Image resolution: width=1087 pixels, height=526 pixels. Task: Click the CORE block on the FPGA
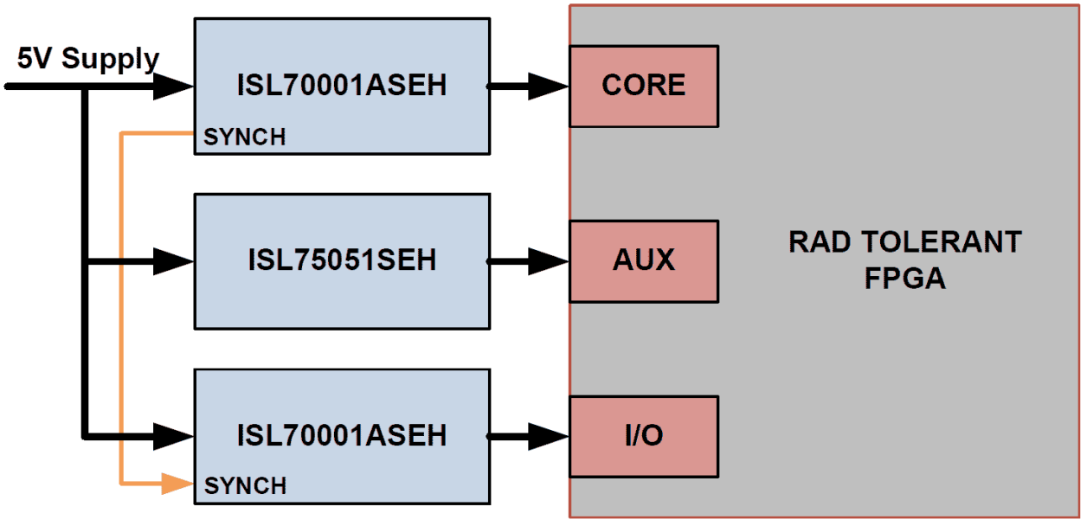[643, 86]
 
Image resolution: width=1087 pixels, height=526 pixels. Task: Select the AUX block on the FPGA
[643, 260]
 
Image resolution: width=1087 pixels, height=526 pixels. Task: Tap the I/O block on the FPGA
[643, 435]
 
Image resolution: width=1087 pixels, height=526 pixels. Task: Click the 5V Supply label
[88, 59]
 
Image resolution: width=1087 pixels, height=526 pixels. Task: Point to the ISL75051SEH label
[342, 260]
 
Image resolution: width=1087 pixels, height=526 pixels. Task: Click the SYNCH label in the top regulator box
[245, 137]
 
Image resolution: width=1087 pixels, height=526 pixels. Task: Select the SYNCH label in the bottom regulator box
[245, 486]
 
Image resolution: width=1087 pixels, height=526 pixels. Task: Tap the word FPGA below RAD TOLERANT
[904, 279]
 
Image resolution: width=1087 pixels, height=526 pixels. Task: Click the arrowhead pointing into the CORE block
[549, 86]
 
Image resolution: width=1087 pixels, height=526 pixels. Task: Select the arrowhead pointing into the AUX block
[549, 260]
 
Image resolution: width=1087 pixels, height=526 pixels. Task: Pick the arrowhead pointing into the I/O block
[549, 434]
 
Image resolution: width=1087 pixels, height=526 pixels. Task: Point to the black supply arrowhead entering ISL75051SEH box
[174, 260]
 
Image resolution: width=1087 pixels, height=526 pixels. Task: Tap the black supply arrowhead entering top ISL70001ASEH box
[174, 86]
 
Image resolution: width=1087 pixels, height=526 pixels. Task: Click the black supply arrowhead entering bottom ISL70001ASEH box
[174, 434]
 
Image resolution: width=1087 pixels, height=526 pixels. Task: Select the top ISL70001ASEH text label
[342, 86]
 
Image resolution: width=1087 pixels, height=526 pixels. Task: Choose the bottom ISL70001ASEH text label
[342, 434]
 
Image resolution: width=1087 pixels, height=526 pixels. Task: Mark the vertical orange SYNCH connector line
[122, 311]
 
